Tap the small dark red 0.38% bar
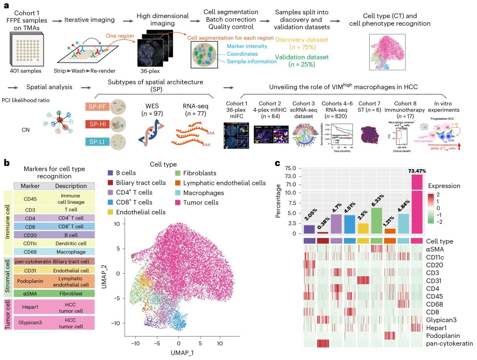pos(323,233)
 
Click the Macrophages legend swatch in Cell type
pos(178,193)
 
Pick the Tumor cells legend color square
pos(178,203)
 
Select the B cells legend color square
pos(110,173)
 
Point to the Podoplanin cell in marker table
pos(30,281)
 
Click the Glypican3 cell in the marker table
pos(30,322)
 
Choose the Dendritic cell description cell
pos(71,243)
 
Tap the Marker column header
pos(30,186)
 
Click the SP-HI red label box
pos(98,124)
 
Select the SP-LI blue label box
pos(98,141)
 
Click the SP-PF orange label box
pos(98,107)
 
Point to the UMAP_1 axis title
pos(182,353)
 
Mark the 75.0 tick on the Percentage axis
pos(290,168)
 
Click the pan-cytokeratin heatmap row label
pos(449,343)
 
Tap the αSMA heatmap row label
pos(435,249)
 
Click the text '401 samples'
pos(26,71)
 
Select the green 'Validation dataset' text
pos(302,57)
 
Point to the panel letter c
pos(277,163)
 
